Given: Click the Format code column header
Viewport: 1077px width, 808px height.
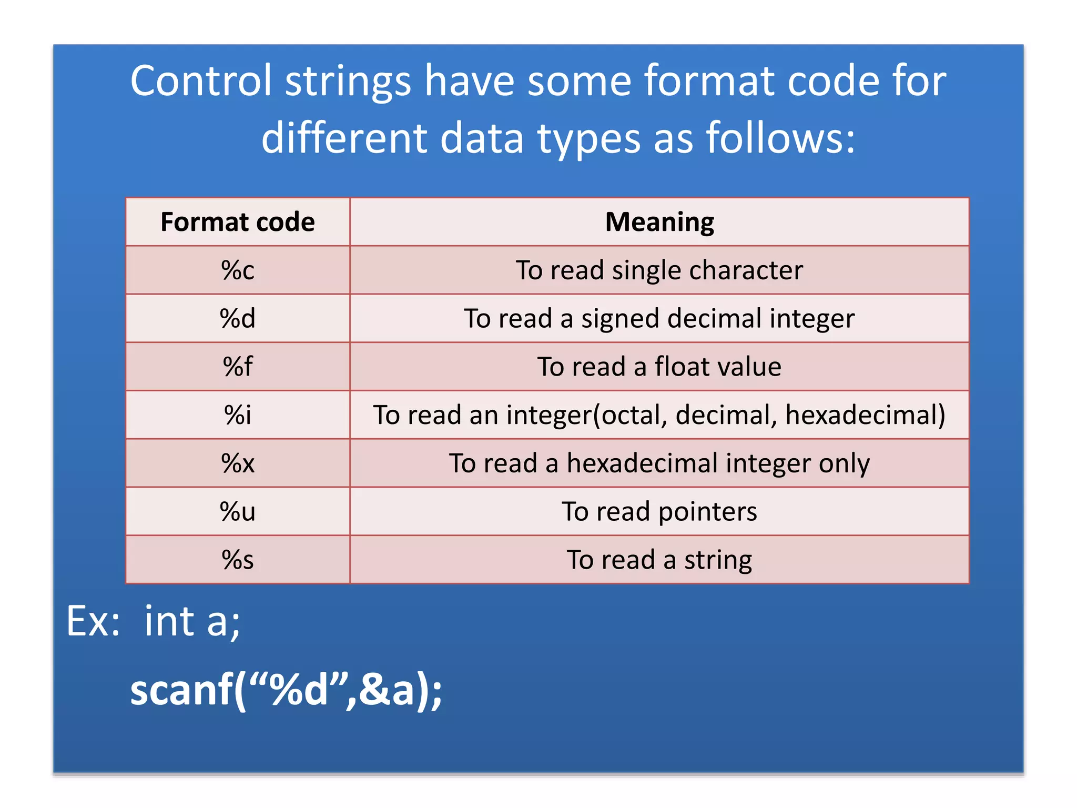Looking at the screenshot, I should [238, 222].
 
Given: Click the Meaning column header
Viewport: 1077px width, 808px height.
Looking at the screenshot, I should [659, 222].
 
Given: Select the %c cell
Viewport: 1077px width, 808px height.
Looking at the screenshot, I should [238, 270].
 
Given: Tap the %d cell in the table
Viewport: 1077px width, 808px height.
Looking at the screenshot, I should [238, 319].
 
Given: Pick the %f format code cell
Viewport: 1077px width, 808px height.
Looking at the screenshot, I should [238, 367].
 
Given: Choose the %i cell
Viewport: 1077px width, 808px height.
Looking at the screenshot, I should [238, 415].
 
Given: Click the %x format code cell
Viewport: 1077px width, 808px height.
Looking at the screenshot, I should [238, 463].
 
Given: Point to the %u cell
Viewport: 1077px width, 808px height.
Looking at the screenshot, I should [238, 511].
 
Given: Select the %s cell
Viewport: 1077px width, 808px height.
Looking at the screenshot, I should [238, 560].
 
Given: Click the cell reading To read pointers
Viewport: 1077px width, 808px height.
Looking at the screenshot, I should [659, 511].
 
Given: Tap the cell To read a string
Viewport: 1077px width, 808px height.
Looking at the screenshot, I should [659, 560].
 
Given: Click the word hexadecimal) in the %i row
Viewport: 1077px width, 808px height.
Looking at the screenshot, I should [865, 415].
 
